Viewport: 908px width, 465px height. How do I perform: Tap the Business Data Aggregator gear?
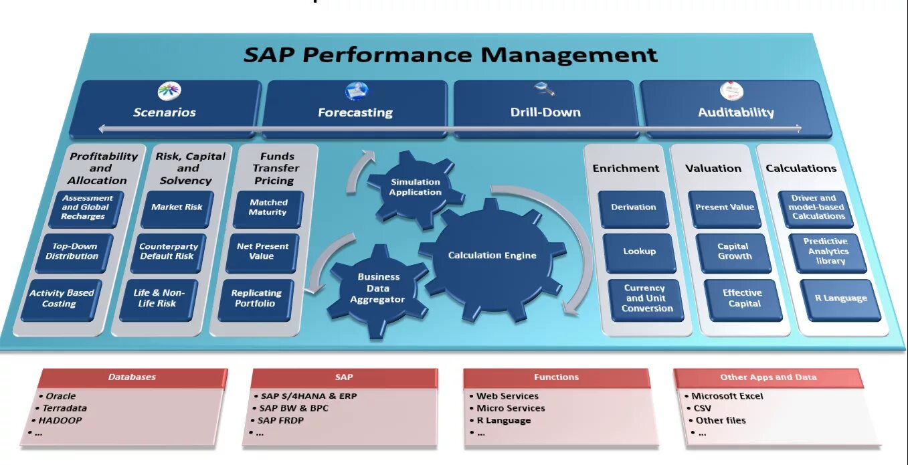click(x=377, y=288)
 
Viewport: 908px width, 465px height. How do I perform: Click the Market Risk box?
click(x=177, y=207)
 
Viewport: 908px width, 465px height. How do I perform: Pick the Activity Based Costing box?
click(x=62, y=298)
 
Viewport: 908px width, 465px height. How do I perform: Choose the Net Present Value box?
click(x=262, y=252)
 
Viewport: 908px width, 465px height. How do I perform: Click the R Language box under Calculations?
click(x=840, y=298)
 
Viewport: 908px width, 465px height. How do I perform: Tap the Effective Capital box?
click(x=743, y=298)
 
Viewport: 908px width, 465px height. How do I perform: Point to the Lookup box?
click(x=639, y=252)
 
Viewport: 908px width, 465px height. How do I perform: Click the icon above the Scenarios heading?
click(x=169, y=92)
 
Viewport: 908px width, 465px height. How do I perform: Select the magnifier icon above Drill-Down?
click(x=543, y=90)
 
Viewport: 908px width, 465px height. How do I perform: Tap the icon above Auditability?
click(x=731, y=92)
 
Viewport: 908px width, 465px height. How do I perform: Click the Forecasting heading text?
click(x=355, y=113)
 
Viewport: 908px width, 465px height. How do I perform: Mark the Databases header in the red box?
click(x=132, y=377)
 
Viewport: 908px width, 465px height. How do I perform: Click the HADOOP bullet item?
click(x=60, y=421)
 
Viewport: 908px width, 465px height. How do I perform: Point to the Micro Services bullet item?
click(x=511, y=408)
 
